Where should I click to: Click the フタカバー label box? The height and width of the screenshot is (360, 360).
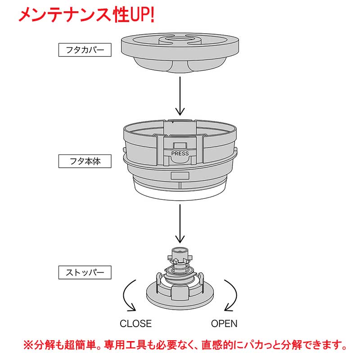click(85, 49)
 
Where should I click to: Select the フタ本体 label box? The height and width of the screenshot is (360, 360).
click(85, 161)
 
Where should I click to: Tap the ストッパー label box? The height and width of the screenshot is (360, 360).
click(85, 272)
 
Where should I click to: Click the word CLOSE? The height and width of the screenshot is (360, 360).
click(135, 324)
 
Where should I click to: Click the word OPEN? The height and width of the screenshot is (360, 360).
click(224, 324)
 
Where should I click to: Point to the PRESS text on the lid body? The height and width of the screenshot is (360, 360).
click(180, 153)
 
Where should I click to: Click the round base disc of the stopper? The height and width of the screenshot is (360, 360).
click(180, 301)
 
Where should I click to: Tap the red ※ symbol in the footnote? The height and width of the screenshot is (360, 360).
click(28, 346)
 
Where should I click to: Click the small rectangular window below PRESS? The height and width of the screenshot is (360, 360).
click(180, 175)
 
